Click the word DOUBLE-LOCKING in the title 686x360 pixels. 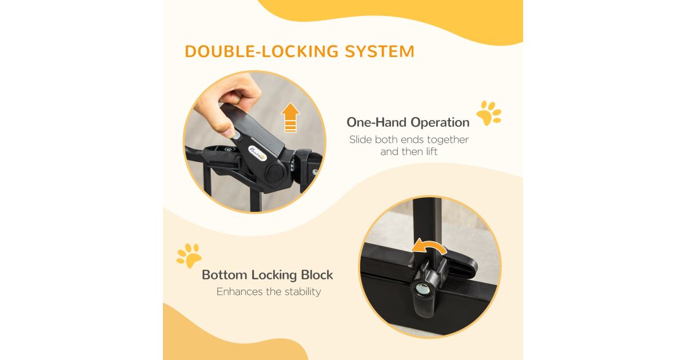pos(262,51)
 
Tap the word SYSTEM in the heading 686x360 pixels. pos(380,51)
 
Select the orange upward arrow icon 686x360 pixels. pos(290,117)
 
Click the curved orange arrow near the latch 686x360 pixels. pos(429,247)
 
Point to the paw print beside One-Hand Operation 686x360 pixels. pos(489,113)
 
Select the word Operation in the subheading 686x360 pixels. pos(440,122)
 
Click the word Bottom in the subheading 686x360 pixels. pos(225,275)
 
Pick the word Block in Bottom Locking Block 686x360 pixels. pos(317,275)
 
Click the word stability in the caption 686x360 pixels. pos(302,292)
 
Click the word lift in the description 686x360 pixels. pos(432,151)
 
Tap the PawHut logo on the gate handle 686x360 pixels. pos(257,154)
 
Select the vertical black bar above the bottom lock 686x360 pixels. pos(427,226)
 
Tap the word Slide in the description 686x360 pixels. pos(360,139)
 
